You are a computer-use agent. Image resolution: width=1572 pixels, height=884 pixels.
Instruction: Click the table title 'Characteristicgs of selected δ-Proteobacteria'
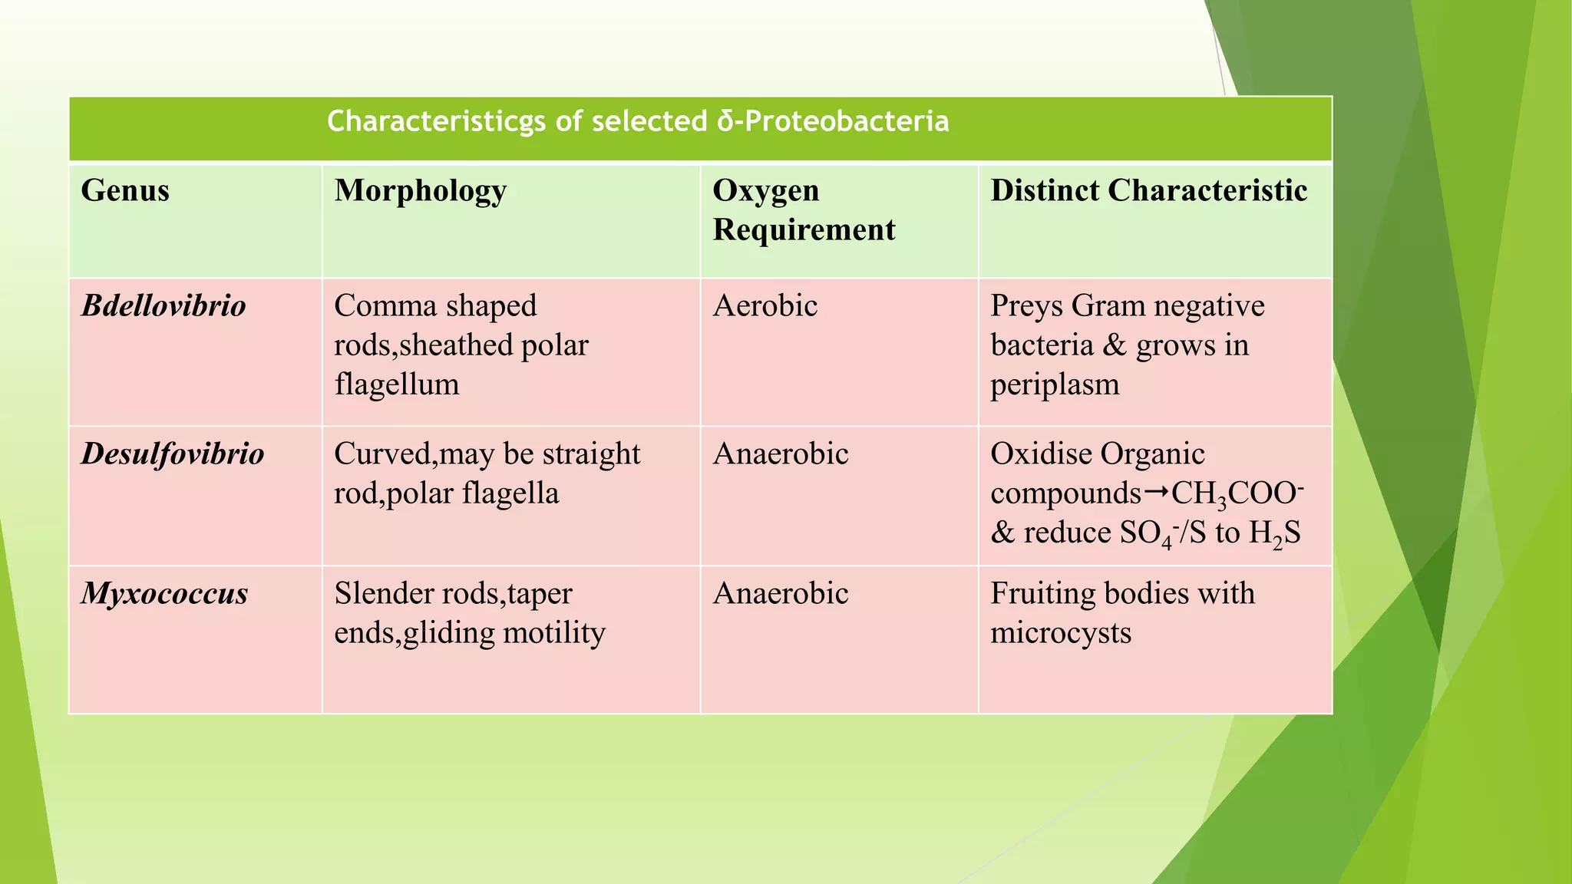click(x=638, y=121)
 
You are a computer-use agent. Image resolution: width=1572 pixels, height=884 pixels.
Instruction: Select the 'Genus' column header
click(x=125, y=190)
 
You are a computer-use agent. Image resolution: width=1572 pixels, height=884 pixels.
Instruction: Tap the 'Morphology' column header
click(x=421, y=190)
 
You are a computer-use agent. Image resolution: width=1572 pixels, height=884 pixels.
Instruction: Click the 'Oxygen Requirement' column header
click(x=804, y=209)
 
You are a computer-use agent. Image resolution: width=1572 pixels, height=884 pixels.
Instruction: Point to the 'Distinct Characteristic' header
click(x=1148, y=190)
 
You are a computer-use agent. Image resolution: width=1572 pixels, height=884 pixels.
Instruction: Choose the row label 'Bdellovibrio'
click(x=163, y=306)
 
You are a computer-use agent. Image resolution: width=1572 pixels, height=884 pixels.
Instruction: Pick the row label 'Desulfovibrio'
click(x=173, y=454)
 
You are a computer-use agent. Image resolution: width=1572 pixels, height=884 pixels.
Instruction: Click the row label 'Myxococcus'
click(x=164, y=594)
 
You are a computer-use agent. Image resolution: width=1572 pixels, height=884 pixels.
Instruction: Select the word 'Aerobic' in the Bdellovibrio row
click(x=765, y=306)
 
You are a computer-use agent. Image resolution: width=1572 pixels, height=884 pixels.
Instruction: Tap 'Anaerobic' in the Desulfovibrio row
click(x=780, y=454)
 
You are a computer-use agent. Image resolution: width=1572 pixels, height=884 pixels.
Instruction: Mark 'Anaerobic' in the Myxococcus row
click(x=780, y=594)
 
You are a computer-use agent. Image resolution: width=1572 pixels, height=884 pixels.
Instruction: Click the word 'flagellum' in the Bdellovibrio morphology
click(x=396, y=384)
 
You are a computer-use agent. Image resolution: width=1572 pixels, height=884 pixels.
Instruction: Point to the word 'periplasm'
click(x=1055, y=384)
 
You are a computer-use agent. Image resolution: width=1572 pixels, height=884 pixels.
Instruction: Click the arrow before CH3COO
click(x=1157, y=492)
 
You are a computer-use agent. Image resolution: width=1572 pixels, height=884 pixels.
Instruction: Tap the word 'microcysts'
click(x=1061, y=633)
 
